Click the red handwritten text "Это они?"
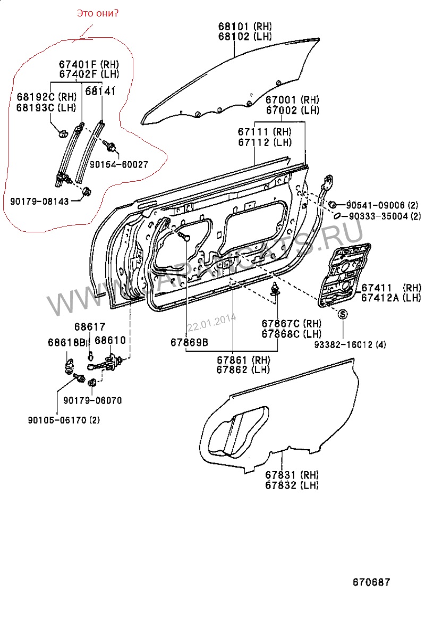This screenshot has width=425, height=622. point(98,13)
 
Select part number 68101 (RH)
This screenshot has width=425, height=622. point(244,26)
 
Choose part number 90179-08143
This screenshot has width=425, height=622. point(39,200)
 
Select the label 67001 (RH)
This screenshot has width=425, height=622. point(292,100)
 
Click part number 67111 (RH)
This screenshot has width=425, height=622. point(263,131)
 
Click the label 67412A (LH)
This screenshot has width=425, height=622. point(391,298)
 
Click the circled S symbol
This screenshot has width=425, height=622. point(343,314)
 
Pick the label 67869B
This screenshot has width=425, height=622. point(189,342)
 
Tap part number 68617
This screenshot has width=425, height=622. point(89,327)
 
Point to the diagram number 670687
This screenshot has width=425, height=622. point(371,582)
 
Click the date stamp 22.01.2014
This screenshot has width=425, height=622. point(211,321)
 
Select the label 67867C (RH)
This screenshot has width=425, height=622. point(292,323)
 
